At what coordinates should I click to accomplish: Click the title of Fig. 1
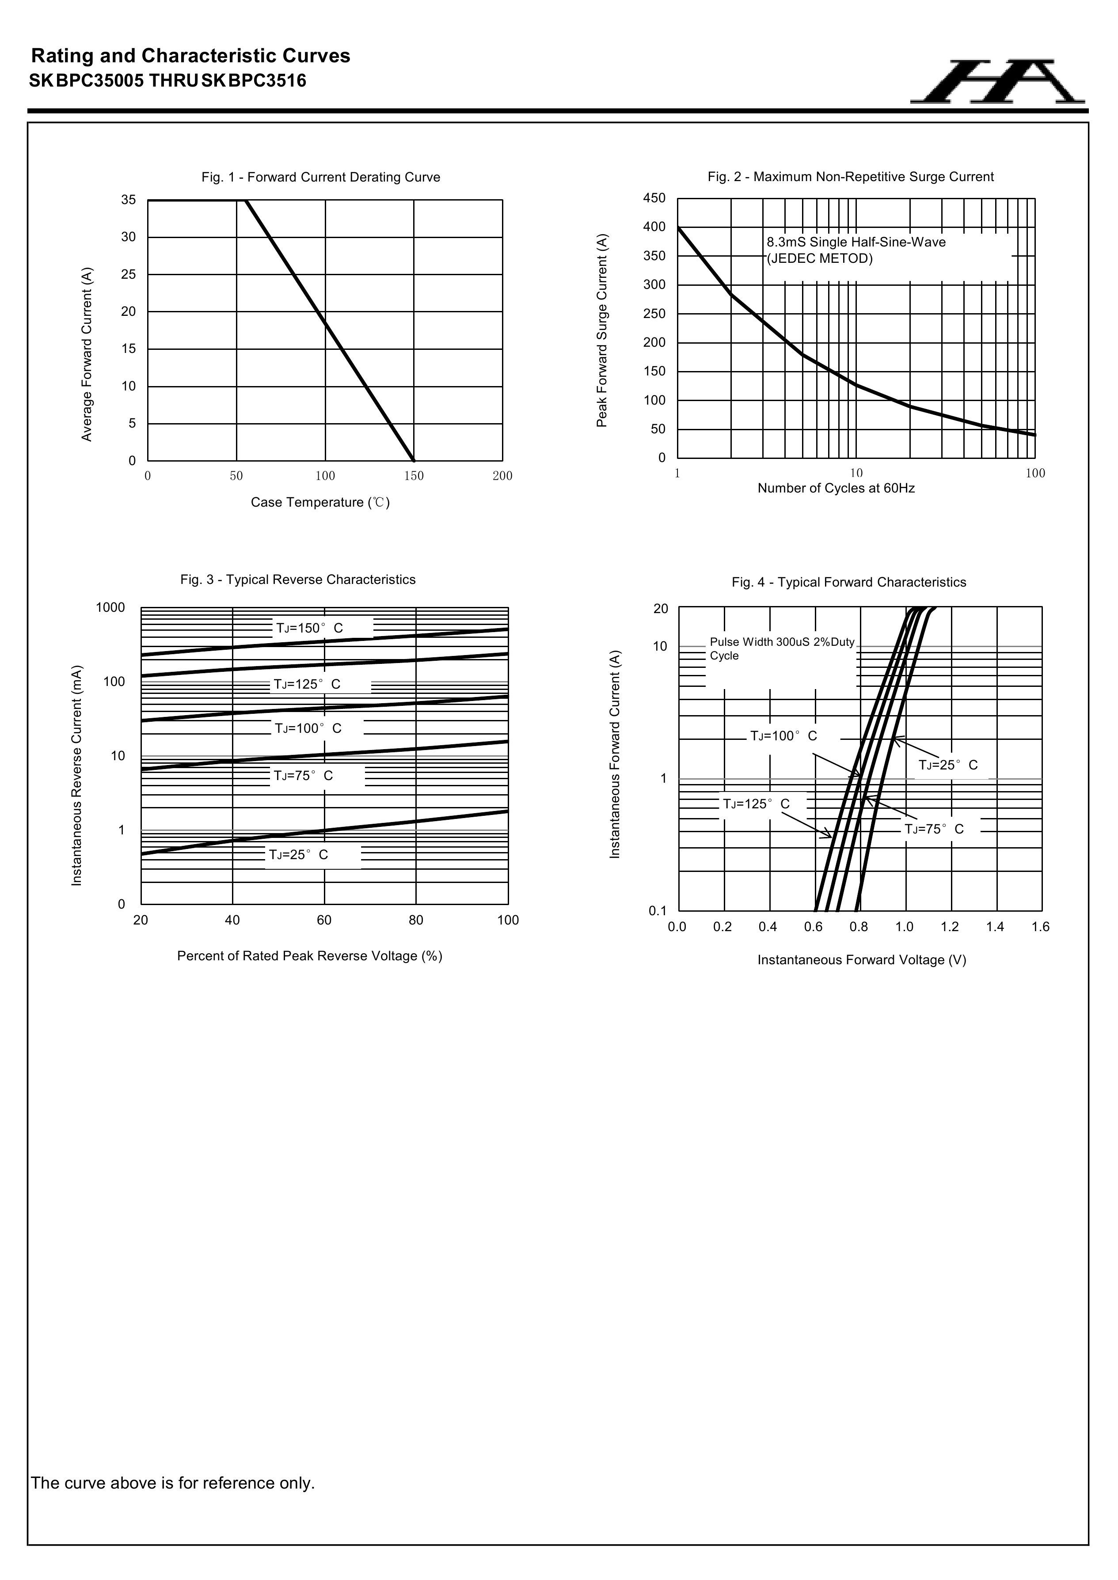pos(321,178)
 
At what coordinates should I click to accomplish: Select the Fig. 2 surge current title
pos(850,177)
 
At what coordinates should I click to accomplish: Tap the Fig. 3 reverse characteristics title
pos(298,580)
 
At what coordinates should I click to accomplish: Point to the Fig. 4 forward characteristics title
pos(849,582)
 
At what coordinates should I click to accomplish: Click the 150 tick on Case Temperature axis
pos(414,476)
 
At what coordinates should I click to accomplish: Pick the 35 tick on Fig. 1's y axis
pos(129,200)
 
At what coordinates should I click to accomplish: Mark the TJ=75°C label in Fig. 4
pos(934,829)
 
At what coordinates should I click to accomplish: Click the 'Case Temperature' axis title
pos(320,502)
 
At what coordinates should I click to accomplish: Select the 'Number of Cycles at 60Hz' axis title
pos(836,488)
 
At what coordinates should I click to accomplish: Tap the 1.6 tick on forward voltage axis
pos(1040,927)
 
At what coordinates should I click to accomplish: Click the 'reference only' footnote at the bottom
pos(173,1482)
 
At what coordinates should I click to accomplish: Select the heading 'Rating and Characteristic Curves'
pos(191,56)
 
